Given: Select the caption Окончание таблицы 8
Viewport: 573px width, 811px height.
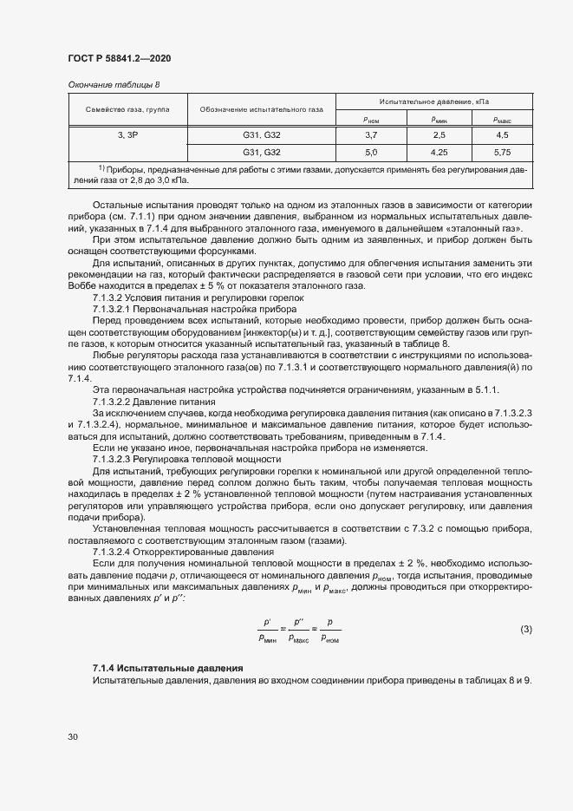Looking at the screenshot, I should click(x=114, y=84).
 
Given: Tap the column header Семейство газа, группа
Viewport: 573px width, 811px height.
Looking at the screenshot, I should click(x=127, y=109).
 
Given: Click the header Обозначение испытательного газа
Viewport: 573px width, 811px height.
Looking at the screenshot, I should click(x=261, y=109).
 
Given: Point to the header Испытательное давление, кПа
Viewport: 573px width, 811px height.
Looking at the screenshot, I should click(x=433, y=101).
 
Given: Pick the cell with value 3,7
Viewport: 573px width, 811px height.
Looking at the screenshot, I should click(x=370, y=135).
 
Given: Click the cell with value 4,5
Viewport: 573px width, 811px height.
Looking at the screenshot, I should click(x=501, y=135).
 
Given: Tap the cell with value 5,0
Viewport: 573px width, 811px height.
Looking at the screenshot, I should click(x=370, y=152).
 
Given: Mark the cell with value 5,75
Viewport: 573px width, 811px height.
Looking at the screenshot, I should click(x=501, y=152).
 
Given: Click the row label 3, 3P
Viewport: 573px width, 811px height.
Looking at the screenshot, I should click(x=127, y=135).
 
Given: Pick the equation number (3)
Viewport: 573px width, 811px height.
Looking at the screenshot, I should click(x=525, y=628).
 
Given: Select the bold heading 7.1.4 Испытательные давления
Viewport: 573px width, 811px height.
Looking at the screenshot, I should click(x=167, y=668).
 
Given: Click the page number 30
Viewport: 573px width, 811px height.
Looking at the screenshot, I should click(x=73, y=736).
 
